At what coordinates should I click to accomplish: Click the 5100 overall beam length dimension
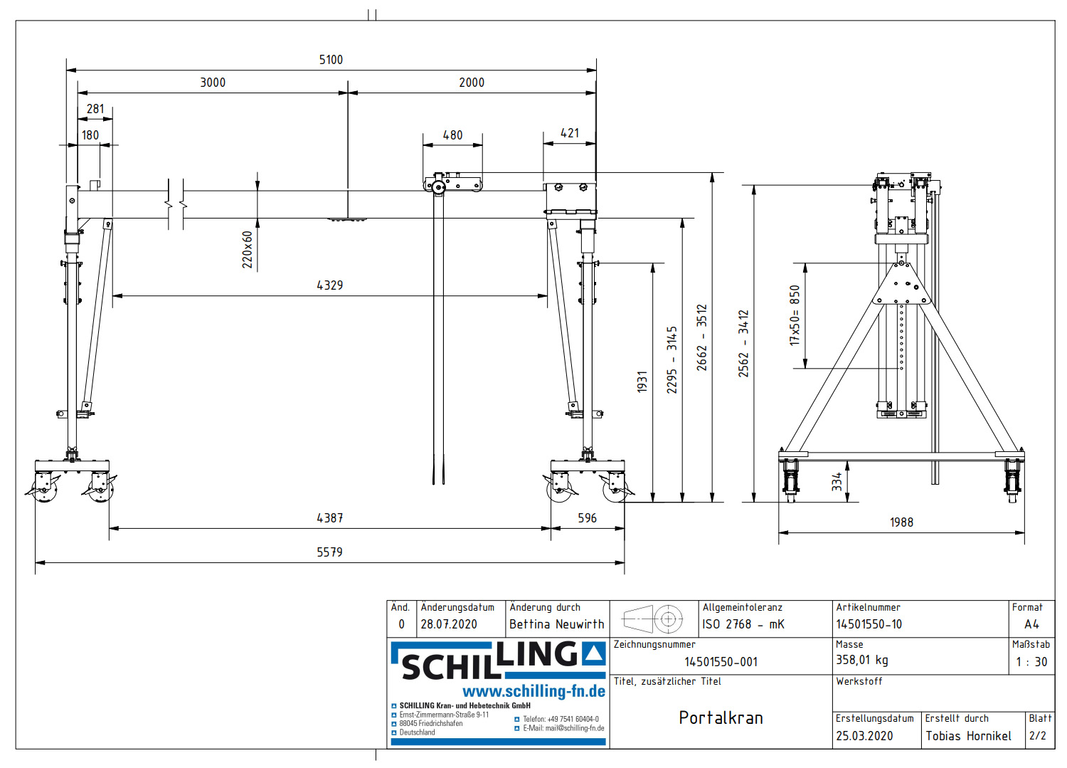click(x=331, y=60)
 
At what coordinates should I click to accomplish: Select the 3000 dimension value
click(x=213, y=83)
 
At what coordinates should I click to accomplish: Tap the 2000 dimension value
click(x=472, y=83)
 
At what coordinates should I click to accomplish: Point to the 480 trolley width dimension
click(x=452, y=135)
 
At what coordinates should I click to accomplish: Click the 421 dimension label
click(x=570, y=133)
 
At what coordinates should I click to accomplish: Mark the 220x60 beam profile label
click(x=248, y=249)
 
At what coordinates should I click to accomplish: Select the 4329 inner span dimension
click(x=329, y=285)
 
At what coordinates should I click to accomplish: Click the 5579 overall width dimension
click(x=329, y=552)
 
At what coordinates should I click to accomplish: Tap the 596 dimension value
click(x=587, y=518)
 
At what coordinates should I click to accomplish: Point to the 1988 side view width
click(x=901, y=522)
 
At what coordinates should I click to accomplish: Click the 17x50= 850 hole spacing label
click(x=795, y=315)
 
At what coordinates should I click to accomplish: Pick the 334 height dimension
click(x=837, y=482)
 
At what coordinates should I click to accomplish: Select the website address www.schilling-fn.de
click(x=533, y=691)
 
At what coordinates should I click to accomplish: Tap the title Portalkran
click(x=721, y=717)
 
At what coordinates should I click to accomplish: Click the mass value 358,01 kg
click(x=861, y=660)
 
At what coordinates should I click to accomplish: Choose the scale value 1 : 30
click(x=1031, y=662)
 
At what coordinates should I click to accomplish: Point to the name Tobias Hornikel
click(x=968, y=736)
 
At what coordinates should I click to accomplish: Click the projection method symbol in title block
click(x=653, y=619)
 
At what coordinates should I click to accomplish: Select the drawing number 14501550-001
click(x=721, y=662)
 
